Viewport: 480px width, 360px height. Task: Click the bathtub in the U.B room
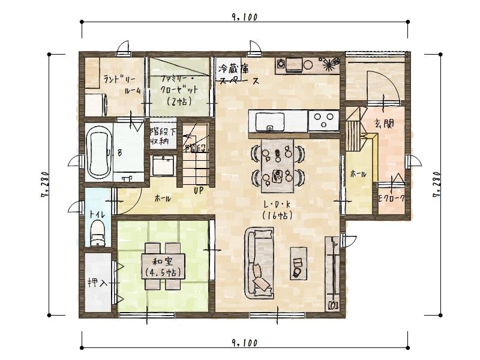tap(98, 153)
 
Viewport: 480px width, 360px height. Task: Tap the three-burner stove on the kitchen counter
tap(324, 120)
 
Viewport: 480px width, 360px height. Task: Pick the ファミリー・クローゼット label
tap(178, 90)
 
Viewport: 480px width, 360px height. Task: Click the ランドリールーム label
tap(122, 84)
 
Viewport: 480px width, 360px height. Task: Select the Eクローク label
tap(391, 197)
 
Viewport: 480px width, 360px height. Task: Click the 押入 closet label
tap(97, 282)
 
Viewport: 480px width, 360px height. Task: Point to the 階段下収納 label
tap(163, 136)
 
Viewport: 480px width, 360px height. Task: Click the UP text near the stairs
tap(197, 190)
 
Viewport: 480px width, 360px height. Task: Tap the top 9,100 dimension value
tap(244, 17)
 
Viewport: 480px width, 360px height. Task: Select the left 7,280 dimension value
tap(44, 183)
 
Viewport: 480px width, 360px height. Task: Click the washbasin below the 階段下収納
tap(162, 165)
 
